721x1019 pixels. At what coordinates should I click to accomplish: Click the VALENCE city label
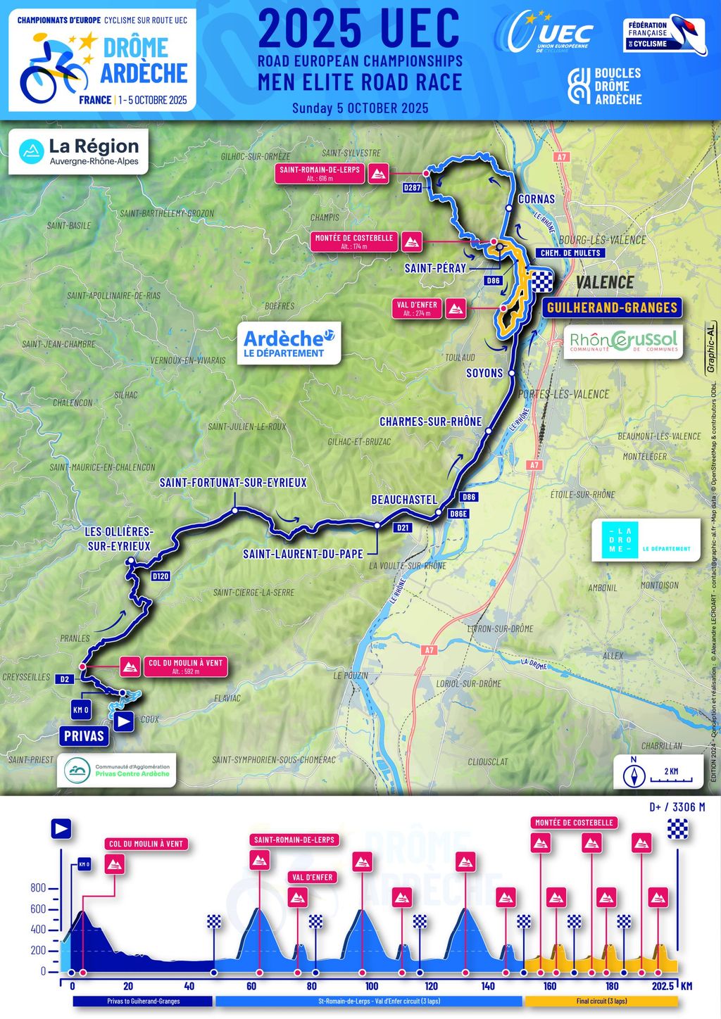point(605,282)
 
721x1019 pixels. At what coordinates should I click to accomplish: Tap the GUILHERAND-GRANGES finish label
point(611,308)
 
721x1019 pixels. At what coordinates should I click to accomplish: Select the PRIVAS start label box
point(84,736)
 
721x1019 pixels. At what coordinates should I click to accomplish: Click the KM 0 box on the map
point(81,709)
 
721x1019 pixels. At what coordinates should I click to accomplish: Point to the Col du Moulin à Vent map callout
point(184,666)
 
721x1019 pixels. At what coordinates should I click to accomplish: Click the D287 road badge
point(413,188)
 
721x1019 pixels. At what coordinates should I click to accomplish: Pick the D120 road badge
point(161,576)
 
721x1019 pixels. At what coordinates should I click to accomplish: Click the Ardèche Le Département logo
point(289,343)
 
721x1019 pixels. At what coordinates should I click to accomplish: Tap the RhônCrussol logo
point(623,342)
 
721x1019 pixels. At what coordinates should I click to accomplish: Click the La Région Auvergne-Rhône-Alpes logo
point(79,151)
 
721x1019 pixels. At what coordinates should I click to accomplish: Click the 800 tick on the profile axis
point(38,888)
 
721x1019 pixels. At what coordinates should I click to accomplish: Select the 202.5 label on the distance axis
point(663,986)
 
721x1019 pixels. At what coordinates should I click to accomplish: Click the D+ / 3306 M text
point(677,807)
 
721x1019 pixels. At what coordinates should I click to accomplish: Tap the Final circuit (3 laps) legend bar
point(601,1001)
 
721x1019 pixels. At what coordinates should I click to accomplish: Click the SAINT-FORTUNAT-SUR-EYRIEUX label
point(233,483)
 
